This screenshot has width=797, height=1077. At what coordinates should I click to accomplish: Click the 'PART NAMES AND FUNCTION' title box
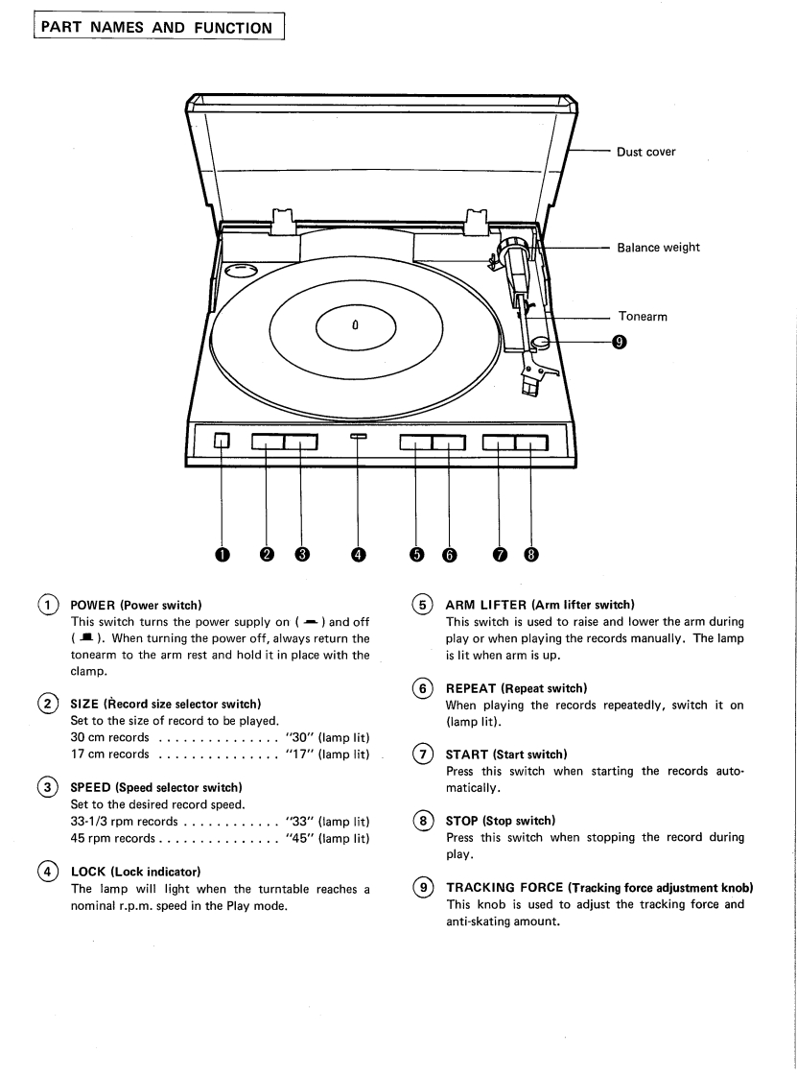click(x=158, y=28)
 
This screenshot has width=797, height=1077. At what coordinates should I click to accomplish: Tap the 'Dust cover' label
click(x=645, y=152)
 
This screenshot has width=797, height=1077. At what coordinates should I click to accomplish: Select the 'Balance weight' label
click(x=658, y=248)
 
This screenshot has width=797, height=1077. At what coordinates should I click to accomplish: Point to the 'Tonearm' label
click(x=642, y=317)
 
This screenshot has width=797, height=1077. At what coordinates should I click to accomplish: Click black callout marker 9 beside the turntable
click(x=619, y=342)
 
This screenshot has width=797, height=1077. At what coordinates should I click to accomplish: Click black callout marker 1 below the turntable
click(x=221, y=554)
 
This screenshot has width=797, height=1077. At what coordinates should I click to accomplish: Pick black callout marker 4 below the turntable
click(x=359, y=554)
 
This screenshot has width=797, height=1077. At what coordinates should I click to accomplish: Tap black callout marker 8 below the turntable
click(x=531, y=554)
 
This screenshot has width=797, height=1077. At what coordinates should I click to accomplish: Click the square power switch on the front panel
click(x=221, y=441)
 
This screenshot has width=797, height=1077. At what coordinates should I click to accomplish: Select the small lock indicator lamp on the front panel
click(x=359, y=436)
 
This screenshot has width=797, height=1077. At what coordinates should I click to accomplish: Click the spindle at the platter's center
click(x=355, y=324)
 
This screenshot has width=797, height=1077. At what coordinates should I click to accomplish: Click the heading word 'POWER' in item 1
click(x=93, y=605)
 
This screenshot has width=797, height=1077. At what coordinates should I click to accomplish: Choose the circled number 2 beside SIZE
click(x=47, y=704)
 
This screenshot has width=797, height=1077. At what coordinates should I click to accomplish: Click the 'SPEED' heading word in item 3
click(x=90, y=787)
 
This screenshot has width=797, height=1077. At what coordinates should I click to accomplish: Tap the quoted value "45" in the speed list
click(x=299, y=838)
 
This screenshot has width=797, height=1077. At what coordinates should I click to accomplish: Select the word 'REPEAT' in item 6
click(x=470, y=688)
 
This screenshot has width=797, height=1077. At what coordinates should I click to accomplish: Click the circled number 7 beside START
click(x=422, y=754)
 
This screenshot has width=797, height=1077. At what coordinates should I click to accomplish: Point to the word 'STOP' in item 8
click(x=461, y=821)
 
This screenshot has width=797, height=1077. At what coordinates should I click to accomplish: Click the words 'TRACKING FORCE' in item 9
click(x=504, y=888)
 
